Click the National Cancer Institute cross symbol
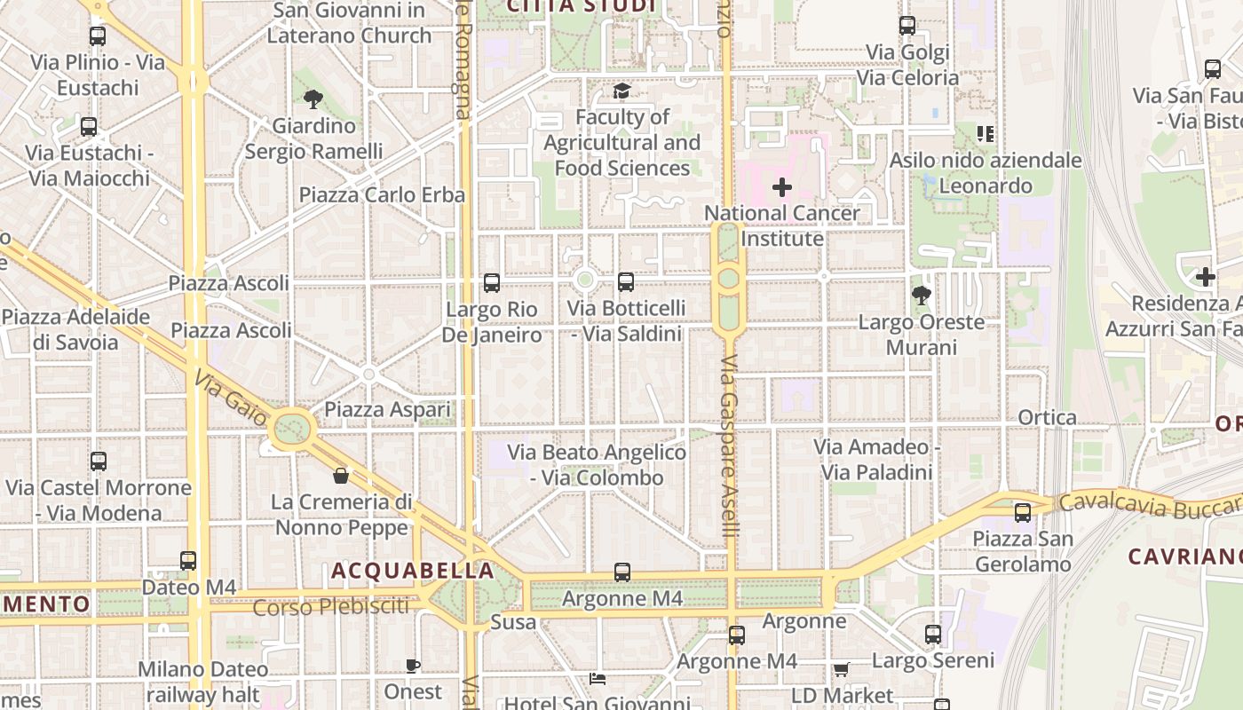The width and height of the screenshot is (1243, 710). [782, 187]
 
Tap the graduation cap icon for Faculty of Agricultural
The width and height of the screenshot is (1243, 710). [621, 91]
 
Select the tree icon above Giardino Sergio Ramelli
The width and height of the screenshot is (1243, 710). [313, 99]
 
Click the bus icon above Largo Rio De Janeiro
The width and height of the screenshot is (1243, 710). [492, 283]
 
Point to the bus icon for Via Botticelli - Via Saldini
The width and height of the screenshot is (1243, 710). [626, 282]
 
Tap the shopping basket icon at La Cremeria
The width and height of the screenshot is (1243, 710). [341, 477]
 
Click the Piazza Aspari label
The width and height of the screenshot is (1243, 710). [387, 409]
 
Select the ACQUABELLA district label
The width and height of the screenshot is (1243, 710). [412, 571]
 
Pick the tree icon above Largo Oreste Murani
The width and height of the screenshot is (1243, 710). [922, 295]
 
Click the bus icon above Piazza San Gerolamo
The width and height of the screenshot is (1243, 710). [1023, 512]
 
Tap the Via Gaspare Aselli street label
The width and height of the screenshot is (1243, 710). [730, 446]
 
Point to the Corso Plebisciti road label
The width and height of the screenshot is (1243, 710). [331, 608]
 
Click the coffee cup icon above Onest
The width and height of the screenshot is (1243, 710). [413, 666]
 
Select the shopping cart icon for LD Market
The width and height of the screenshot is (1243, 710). [841, 669]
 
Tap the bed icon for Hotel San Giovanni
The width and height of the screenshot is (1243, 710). [598, 679]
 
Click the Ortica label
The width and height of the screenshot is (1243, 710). [1048, 417]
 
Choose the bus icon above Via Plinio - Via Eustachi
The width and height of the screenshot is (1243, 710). [98, 36]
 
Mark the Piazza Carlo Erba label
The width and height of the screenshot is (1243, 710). [382, 194]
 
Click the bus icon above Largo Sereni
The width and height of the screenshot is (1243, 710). [932, 635]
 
